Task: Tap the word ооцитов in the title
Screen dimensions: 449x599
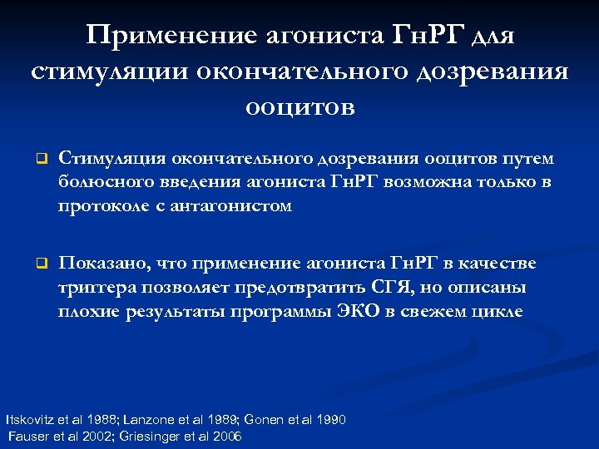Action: [299, 106]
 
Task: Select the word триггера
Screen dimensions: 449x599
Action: [94, 288]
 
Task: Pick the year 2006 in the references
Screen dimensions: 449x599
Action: [225, 436]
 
